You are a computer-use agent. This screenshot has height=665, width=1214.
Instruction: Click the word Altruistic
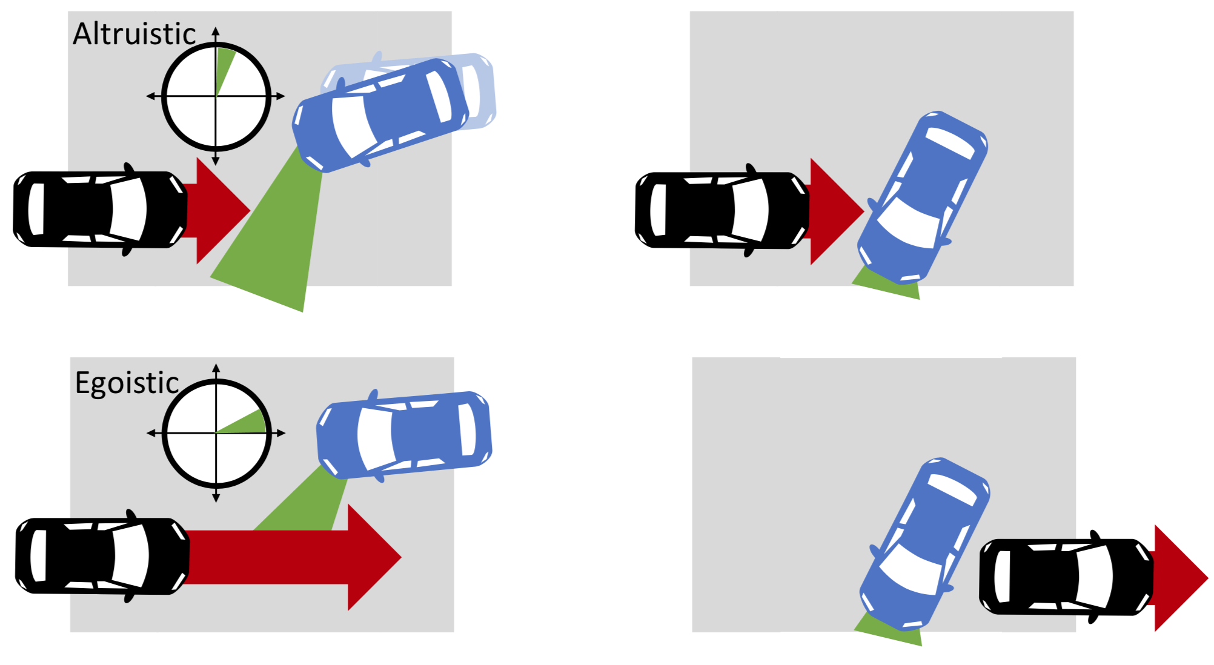pyautogui.click(x=134, y=34)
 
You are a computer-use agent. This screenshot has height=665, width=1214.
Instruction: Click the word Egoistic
pyautogui.click(x=127, y=383)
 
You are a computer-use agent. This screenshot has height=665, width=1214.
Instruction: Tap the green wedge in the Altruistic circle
pyautogui.click(x=224, y=68)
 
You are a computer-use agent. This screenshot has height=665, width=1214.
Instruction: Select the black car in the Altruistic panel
pyautogui.click(x=101, y=210)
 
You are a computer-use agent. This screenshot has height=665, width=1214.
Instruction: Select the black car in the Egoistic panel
pyautogui.click(x=102, y=556)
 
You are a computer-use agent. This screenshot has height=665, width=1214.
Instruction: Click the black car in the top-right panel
pyautogui.click(x=722, y=210)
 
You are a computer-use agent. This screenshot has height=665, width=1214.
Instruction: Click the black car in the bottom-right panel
pyautogui.click(x=1067, y=577)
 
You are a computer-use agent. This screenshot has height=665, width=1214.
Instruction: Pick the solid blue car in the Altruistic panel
pyautogui.click(x=380, y=115)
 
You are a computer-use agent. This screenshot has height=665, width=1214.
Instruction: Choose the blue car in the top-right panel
pyautogui.click(x=923, y=197)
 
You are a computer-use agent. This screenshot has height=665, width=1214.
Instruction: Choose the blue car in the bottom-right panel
pyautogui.click(x=925, y=544)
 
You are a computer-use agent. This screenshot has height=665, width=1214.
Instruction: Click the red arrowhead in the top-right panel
pyautogui.click(x=836, y=211)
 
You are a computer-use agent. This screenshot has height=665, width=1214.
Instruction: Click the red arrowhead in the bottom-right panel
pyautogui.click(x=1180, y=578)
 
